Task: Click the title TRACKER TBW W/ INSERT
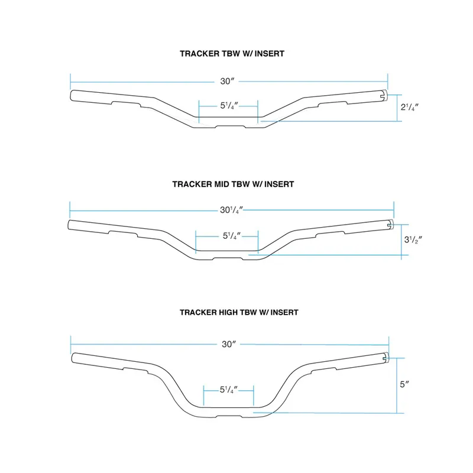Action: (232, 54)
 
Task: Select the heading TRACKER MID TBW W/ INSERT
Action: (233, 184)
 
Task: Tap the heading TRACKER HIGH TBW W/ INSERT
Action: (239, 312)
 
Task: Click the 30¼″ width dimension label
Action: (231, 210)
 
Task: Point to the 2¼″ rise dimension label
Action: (410, 107)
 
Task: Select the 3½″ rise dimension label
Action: (413, 239)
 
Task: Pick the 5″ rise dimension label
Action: (404, 384)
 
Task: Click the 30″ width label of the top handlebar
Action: (227, 81)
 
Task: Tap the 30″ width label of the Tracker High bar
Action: (229, 344)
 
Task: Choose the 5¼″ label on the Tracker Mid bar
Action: (232, 235)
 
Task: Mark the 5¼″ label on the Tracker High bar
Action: (229, 390)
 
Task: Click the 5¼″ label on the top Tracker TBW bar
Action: (229, 106)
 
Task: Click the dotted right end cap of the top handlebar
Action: (385, 96)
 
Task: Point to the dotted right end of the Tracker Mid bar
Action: (391, 224)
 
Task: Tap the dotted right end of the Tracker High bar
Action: (387, 358)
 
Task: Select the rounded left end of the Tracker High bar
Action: (73, 358)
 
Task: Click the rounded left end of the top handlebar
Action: (72, 96)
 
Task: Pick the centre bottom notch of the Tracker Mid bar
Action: (228, 258)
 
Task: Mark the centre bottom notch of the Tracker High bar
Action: (229, 416)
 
